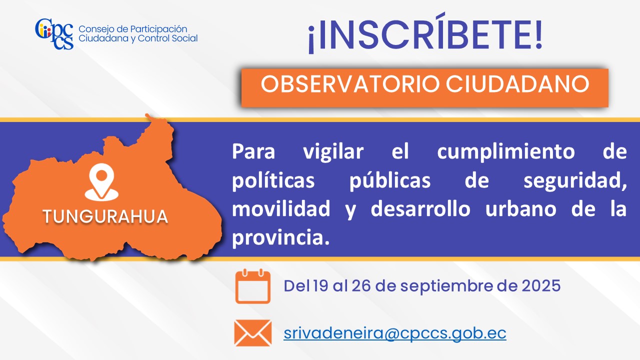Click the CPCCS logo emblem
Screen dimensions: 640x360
54,34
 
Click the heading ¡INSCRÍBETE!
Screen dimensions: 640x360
425,33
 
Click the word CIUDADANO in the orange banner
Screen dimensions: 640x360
517,84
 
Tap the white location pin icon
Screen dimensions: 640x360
101,182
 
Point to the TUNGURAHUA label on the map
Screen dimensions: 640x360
105,216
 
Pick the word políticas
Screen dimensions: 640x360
273,180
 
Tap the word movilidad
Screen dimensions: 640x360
281,208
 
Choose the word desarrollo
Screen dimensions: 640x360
420,208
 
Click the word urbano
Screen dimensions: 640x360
521,209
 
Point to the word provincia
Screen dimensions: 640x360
280,237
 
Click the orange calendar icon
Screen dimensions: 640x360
253,286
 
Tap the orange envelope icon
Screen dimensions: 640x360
253,333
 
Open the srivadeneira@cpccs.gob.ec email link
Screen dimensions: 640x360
395,333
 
